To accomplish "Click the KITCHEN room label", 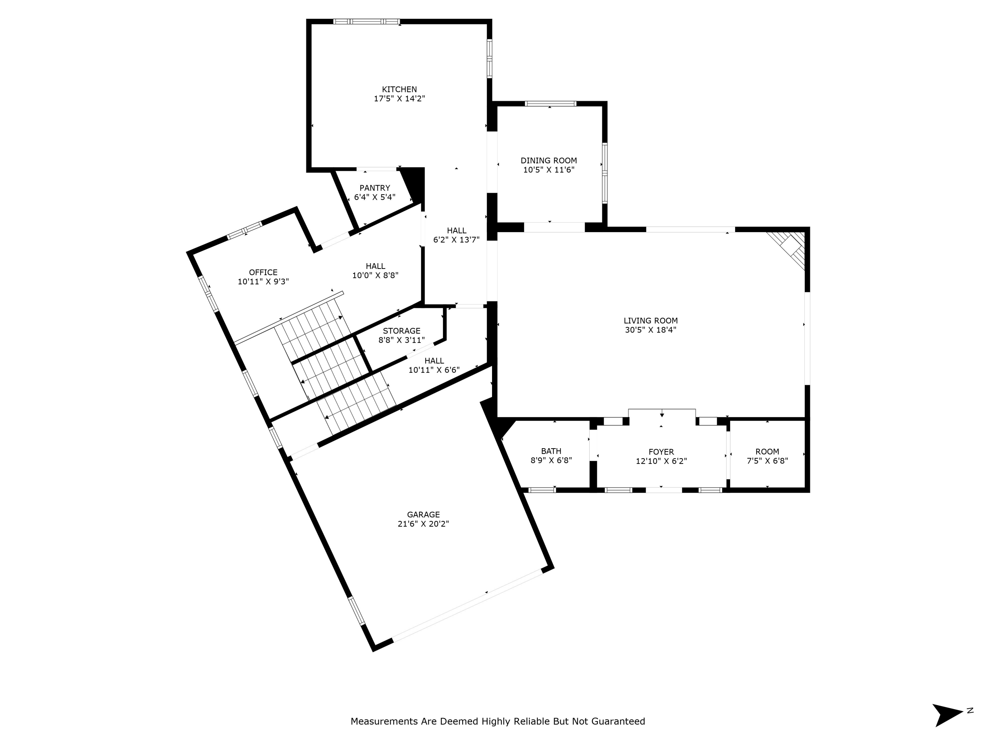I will [x=399, y=90].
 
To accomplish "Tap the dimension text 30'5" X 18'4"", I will [x=650, y=330].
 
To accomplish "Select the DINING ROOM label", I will [x=548, y=161].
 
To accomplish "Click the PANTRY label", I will [x=374, y=188].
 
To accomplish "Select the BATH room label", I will [x=551, y=451].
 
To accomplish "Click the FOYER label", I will [x=661, y=452].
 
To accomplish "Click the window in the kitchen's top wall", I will [x=366, y=22].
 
